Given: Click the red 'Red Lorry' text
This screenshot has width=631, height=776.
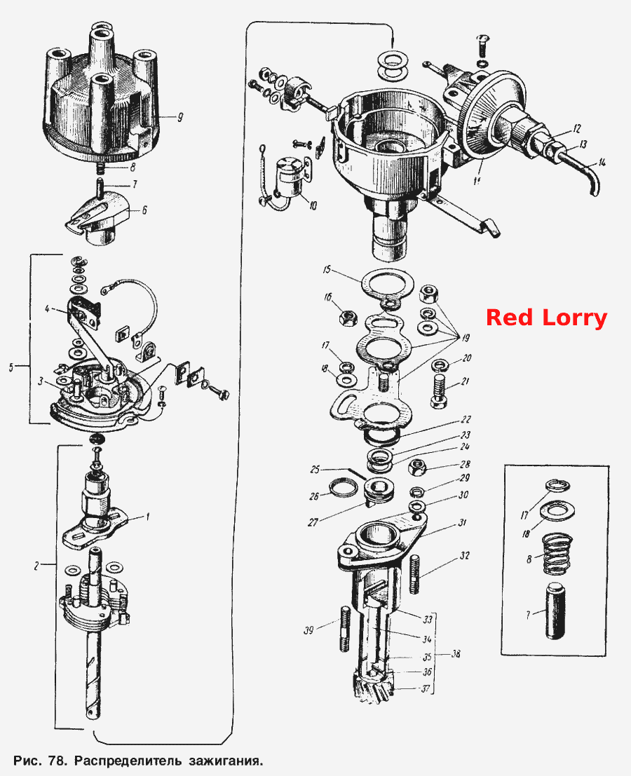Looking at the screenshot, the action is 546,318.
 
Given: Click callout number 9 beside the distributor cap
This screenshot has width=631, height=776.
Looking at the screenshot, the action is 179,117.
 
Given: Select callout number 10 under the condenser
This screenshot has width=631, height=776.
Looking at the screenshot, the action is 312,205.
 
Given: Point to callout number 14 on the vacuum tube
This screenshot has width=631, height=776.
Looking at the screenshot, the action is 601,161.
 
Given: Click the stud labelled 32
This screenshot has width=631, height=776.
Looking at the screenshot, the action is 414,574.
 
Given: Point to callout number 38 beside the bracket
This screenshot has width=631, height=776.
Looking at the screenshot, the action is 456,654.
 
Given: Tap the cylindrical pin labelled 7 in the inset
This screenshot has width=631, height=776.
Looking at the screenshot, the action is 556,611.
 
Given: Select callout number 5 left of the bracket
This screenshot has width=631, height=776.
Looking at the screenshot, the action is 11,367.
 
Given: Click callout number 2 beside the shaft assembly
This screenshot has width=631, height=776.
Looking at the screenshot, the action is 36,566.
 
